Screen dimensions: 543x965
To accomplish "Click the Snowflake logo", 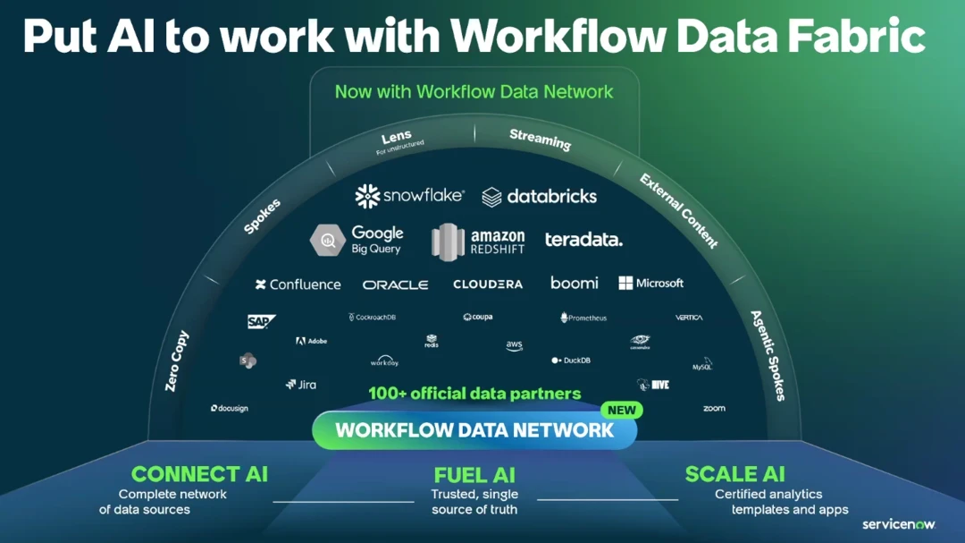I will (x=409, y=196).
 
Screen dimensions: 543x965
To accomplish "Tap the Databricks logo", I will (x=539, y=197).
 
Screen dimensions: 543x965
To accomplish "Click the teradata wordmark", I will (x=583, y=240).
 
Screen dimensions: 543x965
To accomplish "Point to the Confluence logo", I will (x=298, y=284).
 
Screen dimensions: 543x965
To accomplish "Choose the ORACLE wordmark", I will (x=395, y=284).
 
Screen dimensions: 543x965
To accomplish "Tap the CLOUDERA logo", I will (x=488, y=284).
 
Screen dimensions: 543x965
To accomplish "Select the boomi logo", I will (x=574, y=283).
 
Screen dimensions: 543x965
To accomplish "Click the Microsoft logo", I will (x=650, y=283).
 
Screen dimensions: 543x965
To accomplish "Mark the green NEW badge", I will (x=621, y=410).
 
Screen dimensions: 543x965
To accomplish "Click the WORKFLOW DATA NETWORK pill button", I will (x=474, y=430).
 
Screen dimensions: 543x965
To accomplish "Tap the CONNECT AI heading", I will (x=199, y=474).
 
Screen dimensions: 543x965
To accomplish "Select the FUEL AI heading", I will (x=474, y=475).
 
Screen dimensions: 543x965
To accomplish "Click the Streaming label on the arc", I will (x=540, y=140).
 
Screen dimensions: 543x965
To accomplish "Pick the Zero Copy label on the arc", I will (x=177, y=361).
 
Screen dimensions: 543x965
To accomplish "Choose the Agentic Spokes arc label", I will (x=768, y=355).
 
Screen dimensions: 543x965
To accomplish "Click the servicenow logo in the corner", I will (x=898, y=524).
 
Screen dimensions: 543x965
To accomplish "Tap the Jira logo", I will (x=300, y=385).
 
